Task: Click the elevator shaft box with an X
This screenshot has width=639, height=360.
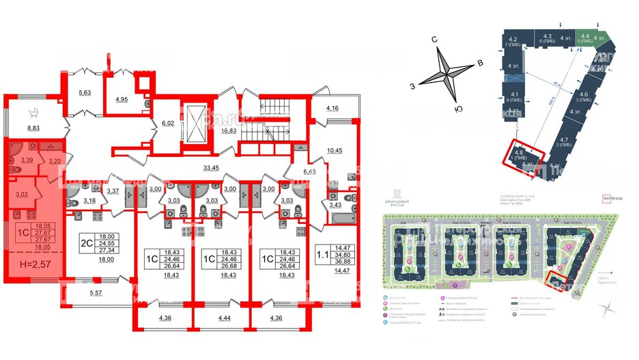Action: pyautogui.click(x=195, y=124)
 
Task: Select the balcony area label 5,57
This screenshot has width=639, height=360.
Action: pyautogui.click(x=96, y=293)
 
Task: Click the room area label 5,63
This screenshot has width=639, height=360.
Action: pyautogui.click(x=84, y=94)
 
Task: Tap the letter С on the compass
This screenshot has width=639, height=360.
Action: pyautogui.click(x=434, y=40)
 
